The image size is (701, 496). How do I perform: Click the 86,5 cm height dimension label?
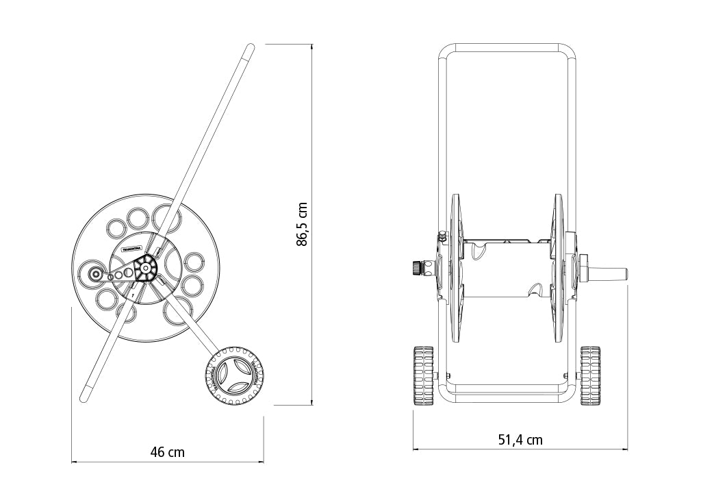tap(302, 224)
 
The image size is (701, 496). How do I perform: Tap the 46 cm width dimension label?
tap(168, 452)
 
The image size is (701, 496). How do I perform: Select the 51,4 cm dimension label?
tap(520, 440)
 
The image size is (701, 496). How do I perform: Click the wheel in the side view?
tap(233, 376)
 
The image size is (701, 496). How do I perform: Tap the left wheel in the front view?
tap(424, 376)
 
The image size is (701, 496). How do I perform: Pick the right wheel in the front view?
tap(590, 376)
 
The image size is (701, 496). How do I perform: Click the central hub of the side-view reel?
tap(145, 268)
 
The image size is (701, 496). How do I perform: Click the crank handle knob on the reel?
tap(94, 274)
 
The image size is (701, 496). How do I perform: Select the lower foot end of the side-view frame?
tap(85, 396)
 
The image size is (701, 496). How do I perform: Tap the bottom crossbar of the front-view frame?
tap(507, 397)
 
